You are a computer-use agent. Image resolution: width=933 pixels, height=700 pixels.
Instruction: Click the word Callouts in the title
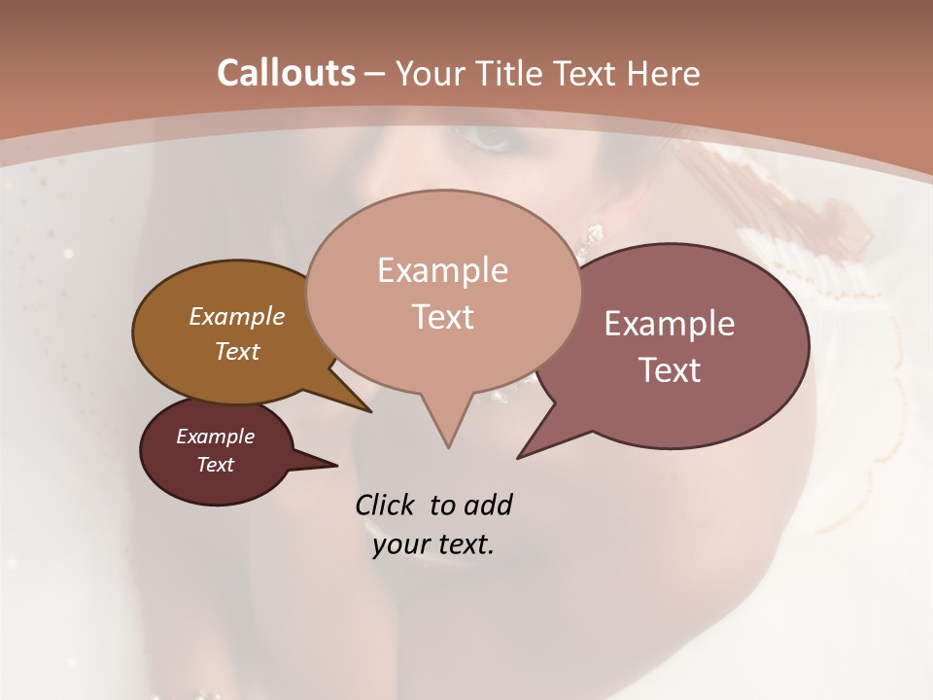click(x=286, y=73)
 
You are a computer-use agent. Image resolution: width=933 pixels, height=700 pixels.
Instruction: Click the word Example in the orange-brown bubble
click(x=237, y=316)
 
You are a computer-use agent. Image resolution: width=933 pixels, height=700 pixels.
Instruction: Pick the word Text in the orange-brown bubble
click(x=237, y=351)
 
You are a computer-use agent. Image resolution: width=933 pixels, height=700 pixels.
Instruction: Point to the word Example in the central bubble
click(x=442, y=269)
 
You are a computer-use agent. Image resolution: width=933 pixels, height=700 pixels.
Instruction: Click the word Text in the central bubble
click(x=442, y=316)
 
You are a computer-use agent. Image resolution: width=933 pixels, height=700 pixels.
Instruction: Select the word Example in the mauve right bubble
click(x=670, y=324)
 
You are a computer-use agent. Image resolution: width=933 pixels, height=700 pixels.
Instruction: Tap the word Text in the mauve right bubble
click(x=670, y=370)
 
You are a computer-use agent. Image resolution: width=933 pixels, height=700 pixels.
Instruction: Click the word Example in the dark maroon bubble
click(x=216, y=437)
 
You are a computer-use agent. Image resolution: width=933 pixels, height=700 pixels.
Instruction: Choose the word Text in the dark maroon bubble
click(x=216, y=465)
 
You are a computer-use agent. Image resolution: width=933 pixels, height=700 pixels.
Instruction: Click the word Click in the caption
click(x=385, y=506)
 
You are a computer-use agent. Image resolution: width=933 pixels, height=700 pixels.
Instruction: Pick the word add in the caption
click(x=488, y=506)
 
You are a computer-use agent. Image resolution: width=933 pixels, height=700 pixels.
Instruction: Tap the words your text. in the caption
click(x=433, y=544)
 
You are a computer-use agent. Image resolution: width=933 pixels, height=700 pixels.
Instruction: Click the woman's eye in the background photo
click(x=491, y=137)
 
